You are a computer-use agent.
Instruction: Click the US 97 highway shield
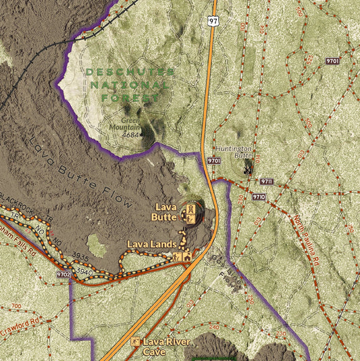(x=213, y=22)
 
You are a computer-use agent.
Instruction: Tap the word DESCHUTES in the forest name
(x=130, y=72)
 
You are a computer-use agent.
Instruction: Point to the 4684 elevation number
(x=132, y=134)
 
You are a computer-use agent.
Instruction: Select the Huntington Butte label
(x=234, y=151)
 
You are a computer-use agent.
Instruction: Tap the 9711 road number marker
(x=266, y=182)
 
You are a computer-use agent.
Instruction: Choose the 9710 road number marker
(x=259, y=197)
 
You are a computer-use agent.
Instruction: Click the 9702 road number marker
(x=63, y=275)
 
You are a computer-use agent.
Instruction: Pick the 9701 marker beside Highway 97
(x=214, y=161)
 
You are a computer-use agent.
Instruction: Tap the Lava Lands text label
(x=152, y=243)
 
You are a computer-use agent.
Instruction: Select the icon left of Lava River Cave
(x=136, y=342)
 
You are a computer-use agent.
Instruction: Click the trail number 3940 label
(x=84, y=271)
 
